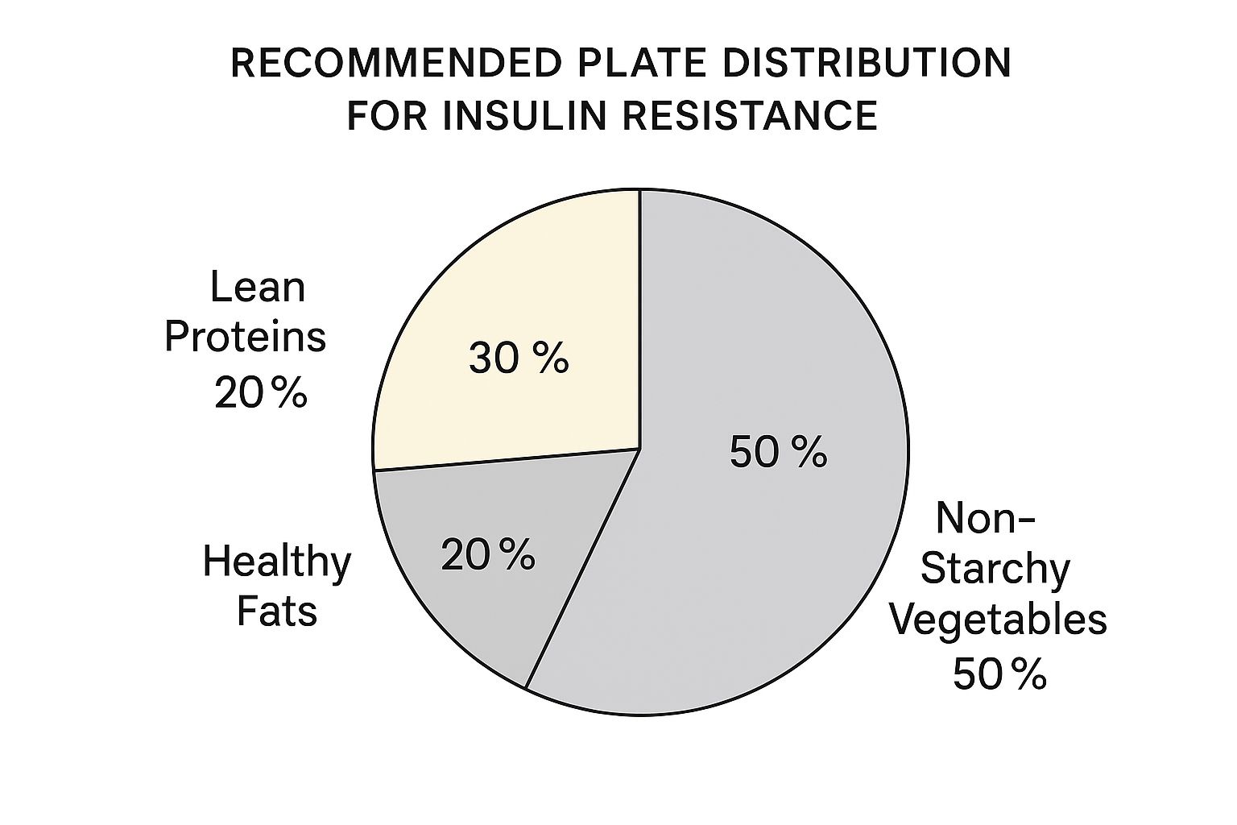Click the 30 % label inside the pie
518,358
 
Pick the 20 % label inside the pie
487,555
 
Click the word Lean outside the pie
258,288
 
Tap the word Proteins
246,338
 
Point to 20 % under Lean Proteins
260,393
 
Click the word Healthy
276,562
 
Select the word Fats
276,611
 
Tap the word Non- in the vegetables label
984,518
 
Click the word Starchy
995,569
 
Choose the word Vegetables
999,620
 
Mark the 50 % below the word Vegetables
999,674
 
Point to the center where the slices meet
639,450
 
